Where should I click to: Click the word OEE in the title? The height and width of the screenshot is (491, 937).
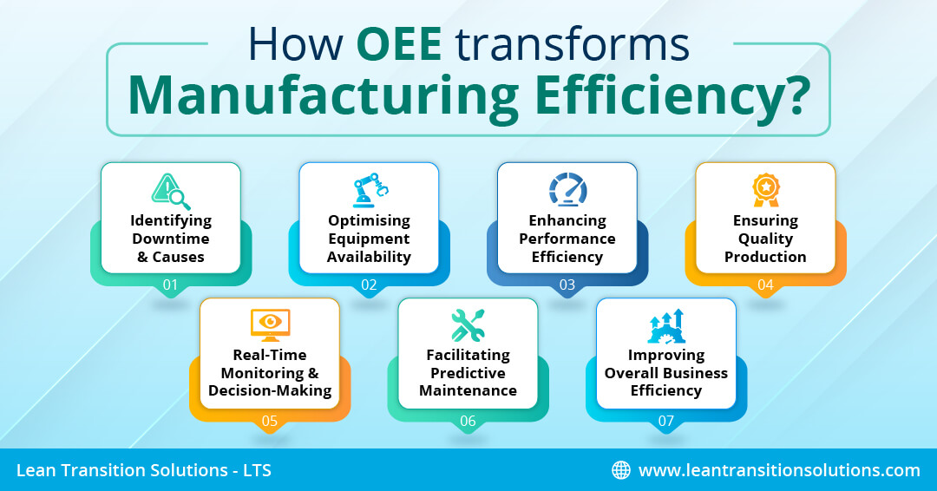click(398, 43)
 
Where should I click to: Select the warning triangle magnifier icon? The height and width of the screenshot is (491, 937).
click(170, 191)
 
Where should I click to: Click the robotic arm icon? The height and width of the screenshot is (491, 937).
click(370, 191)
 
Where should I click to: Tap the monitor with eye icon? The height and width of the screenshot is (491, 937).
click(270, 325)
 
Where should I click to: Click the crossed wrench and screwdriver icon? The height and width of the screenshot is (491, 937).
click(468, 325)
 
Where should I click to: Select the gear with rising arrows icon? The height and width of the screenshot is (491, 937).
click(665, 326)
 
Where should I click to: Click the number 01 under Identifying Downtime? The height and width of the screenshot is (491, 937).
click(170, 285)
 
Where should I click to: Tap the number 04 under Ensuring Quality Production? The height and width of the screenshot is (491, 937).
click(765, 285)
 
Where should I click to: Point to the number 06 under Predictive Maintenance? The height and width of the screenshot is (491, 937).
click(468, 421)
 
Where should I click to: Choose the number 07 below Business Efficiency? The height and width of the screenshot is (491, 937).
click(665, 421)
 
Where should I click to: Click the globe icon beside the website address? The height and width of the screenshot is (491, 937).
click(621, 470)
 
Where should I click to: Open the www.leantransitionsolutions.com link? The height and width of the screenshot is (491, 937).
click(779, 470)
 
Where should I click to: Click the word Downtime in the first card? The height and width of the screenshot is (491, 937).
click(171, 239)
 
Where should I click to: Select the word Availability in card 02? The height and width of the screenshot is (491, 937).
click(369, 258)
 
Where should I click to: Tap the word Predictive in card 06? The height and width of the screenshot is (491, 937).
click(468, 373)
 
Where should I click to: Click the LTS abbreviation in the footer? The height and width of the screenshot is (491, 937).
click(257, 470)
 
